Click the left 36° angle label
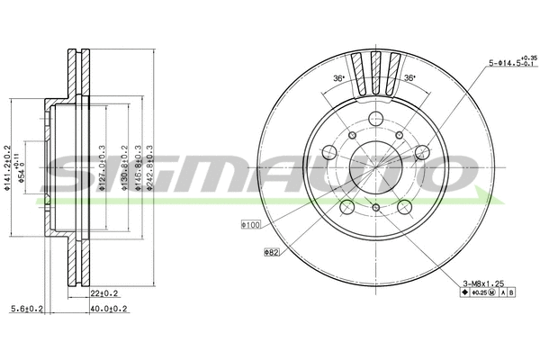pos(337,78)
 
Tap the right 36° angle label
pos(409,78)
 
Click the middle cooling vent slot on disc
pos(375,67)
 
